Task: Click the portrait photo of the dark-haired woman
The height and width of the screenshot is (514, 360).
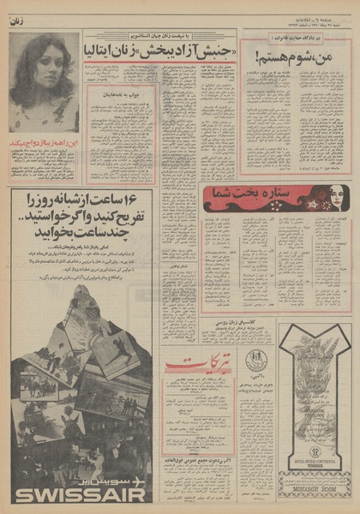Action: (44, 83)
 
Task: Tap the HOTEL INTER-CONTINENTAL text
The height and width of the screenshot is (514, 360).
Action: (318, 479)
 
